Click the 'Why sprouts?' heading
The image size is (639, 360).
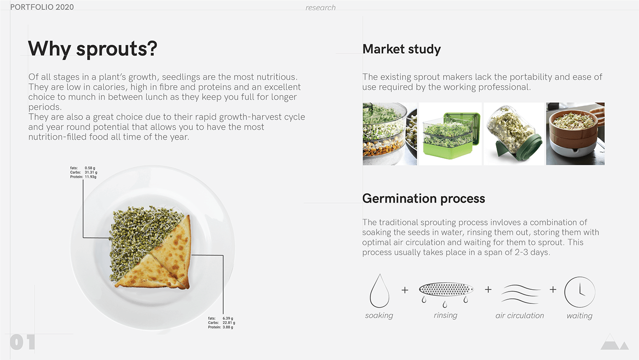[x=93, y=49]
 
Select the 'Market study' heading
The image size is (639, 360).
[x=402, y=49]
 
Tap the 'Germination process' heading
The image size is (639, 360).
[x=424, y=198]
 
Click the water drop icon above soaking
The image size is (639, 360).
[x=379, y=291]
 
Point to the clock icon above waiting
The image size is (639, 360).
[x=580, y=292]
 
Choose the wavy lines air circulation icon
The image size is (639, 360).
[x=520, y=294]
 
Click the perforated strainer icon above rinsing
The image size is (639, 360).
[x=446, y=289]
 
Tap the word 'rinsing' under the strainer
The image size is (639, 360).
[x=445, y=315]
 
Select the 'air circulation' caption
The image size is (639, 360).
[x=520, y=315]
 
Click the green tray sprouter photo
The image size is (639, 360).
[x=450, y=134]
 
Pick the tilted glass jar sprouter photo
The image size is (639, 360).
[x=514, y=134]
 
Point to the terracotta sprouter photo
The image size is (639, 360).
[x=576, y=134]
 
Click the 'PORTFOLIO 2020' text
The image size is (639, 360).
[x=42, y=7]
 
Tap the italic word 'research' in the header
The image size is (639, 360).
[x=320, y=8]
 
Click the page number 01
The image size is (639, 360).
[x=22, y=342]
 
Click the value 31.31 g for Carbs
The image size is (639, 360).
[x=91, y=172]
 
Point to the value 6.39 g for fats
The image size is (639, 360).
[x=228, y=318]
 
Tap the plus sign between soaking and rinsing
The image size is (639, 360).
[x=405, y=290]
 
